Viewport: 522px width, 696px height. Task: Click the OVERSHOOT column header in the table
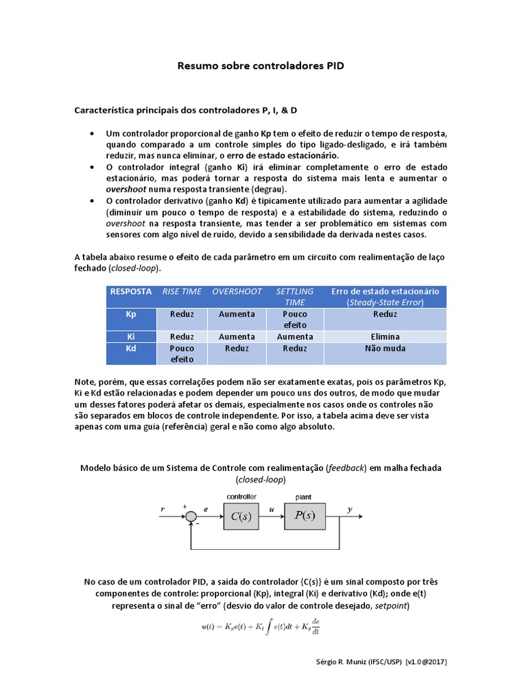[237, 291]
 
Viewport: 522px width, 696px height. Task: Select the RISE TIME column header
[181, 291]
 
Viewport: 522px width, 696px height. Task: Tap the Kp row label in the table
[131, 314]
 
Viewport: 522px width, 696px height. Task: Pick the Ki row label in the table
[131, 336]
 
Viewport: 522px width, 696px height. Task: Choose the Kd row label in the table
[131, 348]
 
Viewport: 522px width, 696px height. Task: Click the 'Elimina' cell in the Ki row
[385, 336]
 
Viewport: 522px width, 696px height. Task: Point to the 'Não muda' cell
[385, 348]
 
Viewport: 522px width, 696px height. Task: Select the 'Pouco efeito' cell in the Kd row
[181, 353]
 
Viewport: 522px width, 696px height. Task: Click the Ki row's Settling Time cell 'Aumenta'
[295, 336]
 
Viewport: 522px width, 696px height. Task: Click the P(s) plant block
[304, 515]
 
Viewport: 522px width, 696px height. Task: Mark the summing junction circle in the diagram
[191, 517]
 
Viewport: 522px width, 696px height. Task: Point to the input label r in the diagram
[162, 508]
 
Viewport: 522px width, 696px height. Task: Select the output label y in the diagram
[349, 508]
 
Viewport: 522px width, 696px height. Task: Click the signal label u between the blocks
[271, 508]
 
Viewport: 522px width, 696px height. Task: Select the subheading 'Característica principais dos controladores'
[185, 109]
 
